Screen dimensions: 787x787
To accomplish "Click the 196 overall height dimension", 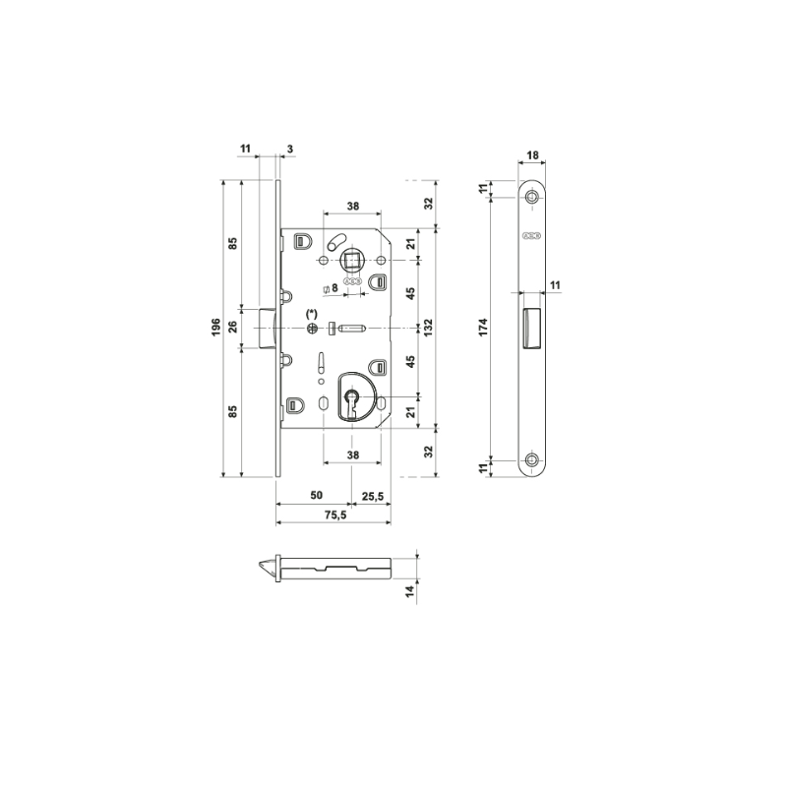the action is [x=215, y=327].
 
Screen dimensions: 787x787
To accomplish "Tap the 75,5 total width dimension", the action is [x=335, y=515].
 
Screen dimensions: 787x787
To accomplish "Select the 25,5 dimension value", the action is [x=373, y=497].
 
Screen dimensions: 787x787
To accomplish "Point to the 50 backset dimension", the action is [x=316, y=496].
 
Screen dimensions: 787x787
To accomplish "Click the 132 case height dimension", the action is [x=428, y=328].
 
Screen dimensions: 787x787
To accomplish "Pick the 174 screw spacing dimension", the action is [x=483, y=328].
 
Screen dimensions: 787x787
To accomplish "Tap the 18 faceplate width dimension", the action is [x=532, y=155].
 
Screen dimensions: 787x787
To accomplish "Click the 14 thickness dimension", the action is [x=411, y=591].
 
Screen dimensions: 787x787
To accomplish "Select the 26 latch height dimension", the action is [x=233, y=328].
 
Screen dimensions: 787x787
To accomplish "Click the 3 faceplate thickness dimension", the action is [x=290, y=149].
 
